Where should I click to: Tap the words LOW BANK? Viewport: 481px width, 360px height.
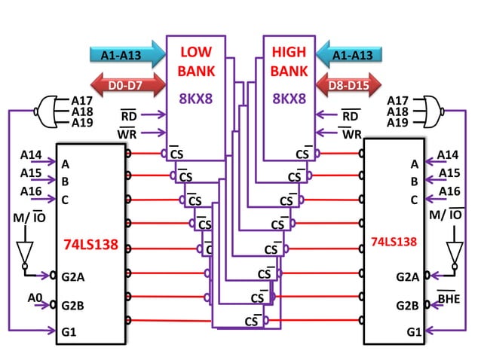coord(196,63)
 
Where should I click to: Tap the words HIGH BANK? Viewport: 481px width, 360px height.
coord(288,63)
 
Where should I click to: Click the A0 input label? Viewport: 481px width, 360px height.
coord(34,298)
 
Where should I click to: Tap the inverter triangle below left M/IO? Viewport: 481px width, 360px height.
coord(25,252)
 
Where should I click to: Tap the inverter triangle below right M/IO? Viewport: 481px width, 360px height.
coord(455,252)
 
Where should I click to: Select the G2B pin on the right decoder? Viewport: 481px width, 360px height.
coord(408,305)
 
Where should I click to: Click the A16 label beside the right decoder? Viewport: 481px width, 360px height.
coord(451,193)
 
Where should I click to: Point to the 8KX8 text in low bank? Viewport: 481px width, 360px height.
coord(196,98)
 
